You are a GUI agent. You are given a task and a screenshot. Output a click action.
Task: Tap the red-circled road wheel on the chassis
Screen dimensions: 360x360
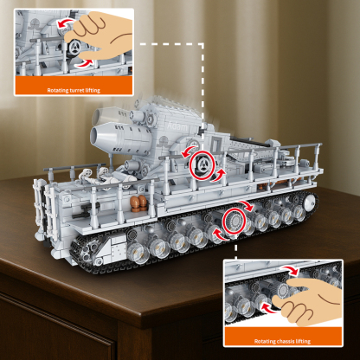coord(234,222)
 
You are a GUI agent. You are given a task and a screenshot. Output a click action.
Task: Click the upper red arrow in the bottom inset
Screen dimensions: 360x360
coord(294,272)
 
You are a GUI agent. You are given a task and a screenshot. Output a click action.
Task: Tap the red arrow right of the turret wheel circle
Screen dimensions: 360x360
coord(220,173)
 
